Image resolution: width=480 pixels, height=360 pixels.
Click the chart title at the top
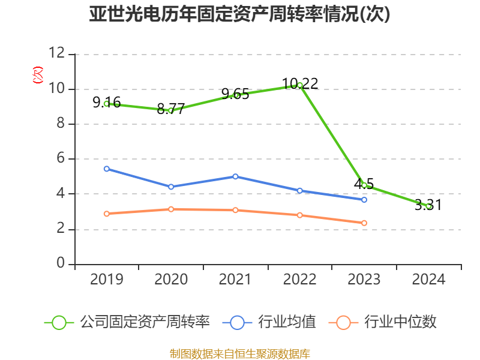click(239, 14)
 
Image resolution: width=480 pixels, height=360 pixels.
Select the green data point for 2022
click(300, 85)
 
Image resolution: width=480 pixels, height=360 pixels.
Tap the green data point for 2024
click(428, 206)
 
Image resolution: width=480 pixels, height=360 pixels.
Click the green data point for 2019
click(106, 104)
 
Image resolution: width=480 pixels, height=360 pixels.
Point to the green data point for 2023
click(364, 185)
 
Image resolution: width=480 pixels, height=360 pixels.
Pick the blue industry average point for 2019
click(106, 169)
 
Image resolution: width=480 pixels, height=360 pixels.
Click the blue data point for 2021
click(235, 176)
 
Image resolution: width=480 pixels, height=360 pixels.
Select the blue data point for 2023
click(364, 199)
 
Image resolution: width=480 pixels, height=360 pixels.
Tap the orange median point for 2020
click(171, 209)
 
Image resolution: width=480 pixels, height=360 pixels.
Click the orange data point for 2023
click(364, 223)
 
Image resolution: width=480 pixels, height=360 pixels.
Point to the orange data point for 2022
click(300, 215)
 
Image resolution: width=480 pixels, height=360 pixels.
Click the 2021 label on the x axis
click(235, 280)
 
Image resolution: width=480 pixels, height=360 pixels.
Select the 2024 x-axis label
click(428, 280)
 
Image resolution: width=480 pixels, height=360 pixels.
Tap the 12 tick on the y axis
click(57, 53)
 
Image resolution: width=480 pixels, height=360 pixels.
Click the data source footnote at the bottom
click(239, 353)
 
